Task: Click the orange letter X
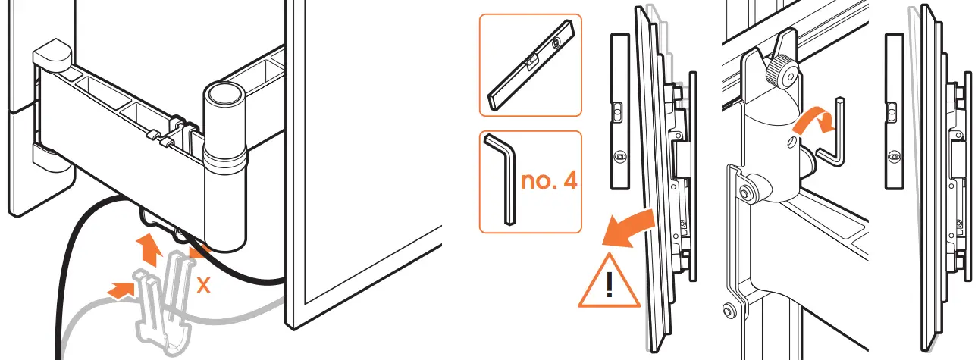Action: pyautogui.click(x=202, y=286)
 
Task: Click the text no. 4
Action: pyautogui.click(x=547, y=182)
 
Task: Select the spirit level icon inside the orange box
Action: pyautogui.click(x=528, y=65)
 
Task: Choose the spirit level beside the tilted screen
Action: pyautogui.click(x=619, y=111)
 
